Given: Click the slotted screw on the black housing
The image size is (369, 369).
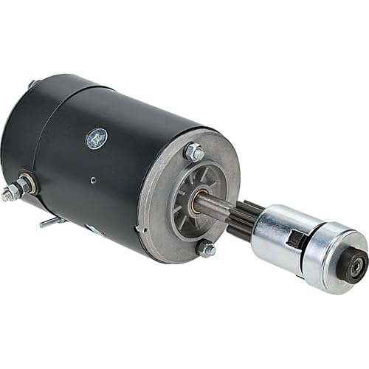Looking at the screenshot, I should pos(97,138).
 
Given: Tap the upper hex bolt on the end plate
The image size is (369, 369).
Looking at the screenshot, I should pos(195,153).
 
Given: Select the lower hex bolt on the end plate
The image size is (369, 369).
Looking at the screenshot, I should pos(207,249).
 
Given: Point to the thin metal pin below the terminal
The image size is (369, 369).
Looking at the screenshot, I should pos(50,221).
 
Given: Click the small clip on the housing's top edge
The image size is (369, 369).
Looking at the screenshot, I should pos(32,85).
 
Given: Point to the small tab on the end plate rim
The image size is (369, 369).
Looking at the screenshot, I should pos(138,230).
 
